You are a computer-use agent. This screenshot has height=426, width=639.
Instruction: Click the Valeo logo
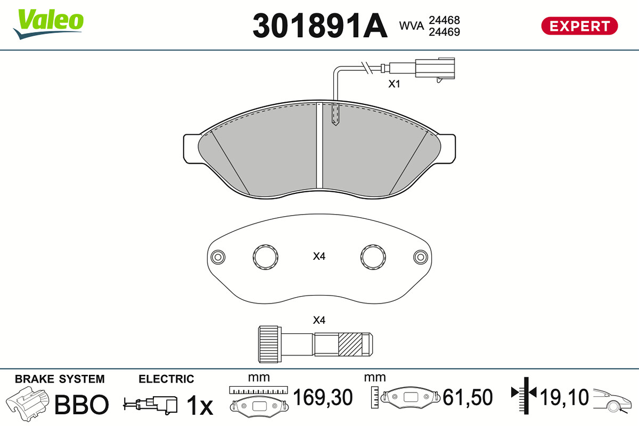coord(48,23)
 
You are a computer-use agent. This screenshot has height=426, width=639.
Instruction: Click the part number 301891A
coord(320,26)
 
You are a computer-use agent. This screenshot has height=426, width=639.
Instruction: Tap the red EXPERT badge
coord(579,26)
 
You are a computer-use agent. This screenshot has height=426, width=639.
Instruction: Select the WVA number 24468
coord(444,20)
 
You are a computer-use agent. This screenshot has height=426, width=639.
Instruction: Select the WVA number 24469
coord(444,32)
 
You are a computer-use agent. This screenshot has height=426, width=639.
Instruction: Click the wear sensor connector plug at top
coord(435,68)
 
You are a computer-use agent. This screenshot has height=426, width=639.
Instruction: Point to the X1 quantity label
coord(394,84)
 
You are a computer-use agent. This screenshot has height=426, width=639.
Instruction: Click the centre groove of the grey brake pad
coord(319,145)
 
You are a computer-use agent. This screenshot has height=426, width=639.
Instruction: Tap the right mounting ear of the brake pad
coord(447,149)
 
